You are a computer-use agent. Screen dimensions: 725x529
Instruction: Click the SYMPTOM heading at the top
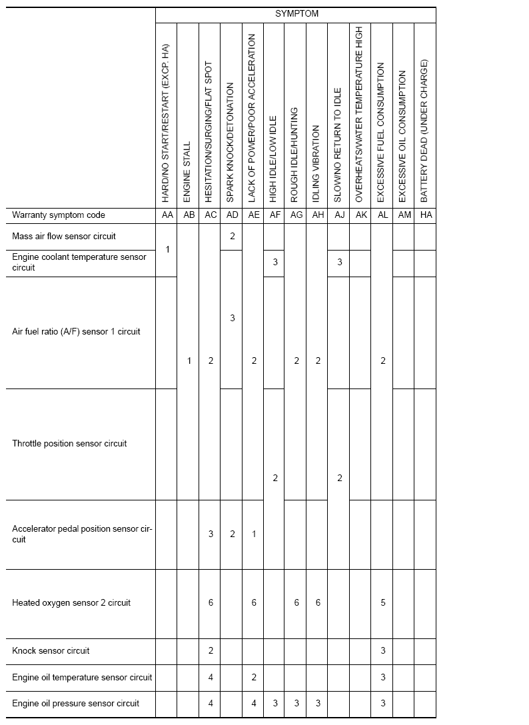pos(296,13)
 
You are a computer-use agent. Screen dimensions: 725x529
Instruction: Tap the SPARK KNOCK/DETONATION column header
pos(231,143)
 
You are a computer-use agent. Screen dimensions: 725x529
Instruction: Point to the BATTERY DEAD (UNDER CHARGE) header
pos(424,131)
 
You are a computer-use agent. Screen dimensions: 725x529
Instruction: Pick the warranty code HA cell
pos(424,215)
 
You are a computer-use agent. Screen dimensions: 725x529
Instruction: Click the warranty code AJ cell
pos(338,215)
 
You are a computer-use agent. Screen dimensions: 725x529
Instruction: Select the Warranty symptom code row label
pos(59,215)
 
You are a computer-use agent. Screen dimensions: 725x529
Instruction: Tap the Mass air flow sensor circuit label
pos(64,236)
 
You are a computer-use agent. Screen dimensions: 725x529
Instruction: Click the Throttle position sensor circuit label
pos(69,444)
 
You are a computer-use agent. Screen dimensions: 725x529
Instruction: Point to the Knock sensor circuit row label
pos(51,651)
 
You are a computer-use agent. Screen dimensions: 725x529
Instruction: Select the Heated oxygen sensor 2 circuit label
pos(71,603)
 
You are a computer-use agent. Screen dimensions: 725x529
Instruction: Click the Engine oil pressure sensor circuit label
pos(76,704)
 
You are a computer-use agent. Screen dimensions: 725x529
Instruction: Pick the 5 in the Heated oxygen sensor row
pos(382,603)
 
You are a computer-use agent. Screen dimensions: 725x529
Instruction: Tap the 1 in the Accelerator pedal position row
pos(253,534)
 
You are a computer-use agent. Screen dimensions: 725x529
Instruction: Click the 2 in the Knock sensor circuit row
pos(210,651)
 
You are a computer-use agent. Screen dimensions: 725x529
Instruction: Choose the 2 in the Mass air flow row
pos(232,236)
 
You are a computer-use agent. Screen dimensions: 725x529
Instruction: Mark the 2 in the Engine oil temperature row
pos(253,678)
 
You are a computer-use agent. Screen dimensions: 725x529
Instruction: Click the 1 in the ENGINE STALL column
pos(189,361)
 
